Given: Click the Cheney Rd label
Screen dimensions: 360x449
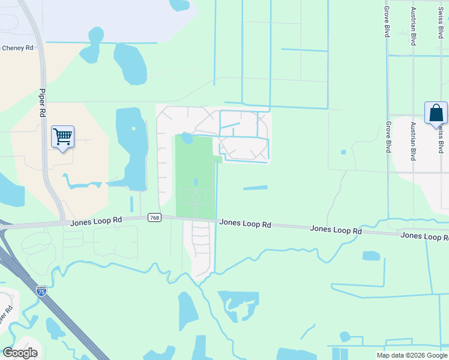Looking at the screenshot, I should point(17,48).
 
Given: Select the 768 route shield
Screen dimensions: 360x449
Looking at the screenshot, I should point(154,218).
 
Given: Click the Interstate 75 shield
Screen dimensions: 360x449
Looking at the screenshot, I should point(41,291).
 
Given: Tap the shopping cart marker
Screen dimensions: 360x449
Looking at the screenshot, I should point(62,137).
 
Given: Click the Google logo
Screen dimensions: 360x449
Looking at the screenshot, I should point(20,353).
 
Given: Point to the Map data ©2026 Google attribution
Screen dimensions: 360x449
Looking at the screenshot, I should point(412,355).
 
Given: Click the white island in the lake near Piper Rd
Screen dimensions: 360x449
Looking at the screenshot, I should point(133,128).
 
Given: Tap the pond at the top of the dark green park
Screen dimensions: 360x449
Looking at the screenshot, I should point(187,139).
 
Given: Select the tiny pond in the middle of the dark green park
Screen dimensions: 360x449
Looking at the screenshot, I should point(196,182).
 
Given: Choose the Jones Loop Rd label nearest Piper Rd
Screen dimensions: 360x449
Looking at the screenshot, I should point(96,221).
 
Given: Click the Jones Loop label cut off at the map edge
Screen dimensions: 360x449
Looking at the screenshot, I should point(424,236).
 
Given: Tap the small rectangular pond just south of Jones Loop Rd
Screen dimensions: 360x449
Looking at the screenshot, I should point(371,256).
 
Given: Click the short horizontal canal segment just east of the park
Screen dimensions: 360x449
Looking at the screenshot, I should point(255,188).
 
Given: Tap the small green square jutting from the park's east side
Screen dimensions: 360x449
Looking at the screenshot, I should point(217,159).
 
